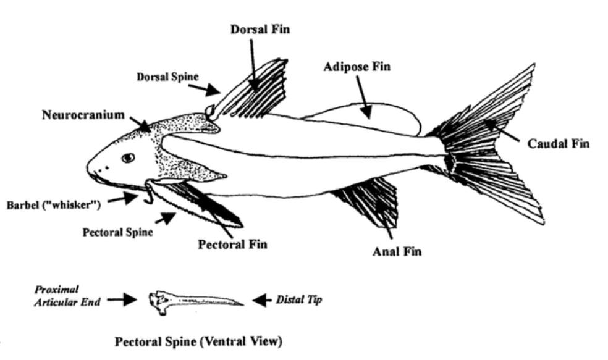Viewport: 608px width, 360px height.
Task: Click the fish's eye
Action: (x=128, y=157)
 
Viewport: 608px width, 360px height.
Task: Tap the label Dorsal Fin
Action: (x=260, y=28)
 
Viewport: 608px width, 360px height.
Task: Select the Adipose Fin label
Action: (x=357, y=66)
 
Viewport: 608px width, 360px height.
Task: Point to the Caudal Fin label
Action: (x=558, y=143)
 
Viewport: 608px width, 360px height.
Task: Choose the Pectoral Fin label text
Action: (x=232, y=244)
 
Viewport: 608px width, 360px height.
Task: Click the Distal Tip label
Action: (x=299, y=300)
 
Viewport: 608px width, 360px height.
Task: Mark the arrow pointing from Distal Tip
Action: (x=262, y=300)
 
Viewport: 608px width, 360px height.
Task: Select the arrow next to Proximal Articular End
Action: (x=122, y=300)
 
